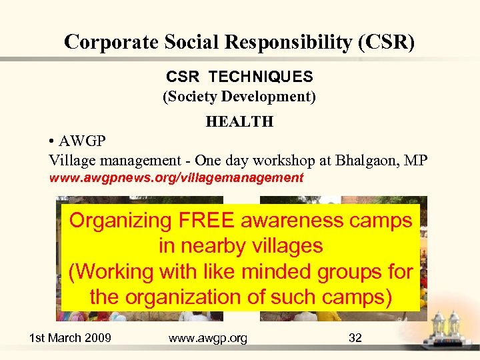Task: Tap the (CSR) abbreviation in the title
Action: pyautogui.click(x=386, y=42)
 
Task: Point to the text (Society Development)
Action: pyautogui.click(x=239, y=97)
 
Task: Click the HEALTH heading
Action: pyautogui.click(x=239, y=121)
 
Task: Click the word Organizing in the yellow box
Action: pyautogui.click(x=121, y=221)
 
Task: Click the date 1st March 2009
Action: pyautogui.click(x=70, y=338)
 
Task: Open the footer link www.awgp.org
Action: pyautogui.click(x=208, y=338)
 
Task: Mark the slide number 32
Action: pyautogui.click(x=355, y=338)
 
